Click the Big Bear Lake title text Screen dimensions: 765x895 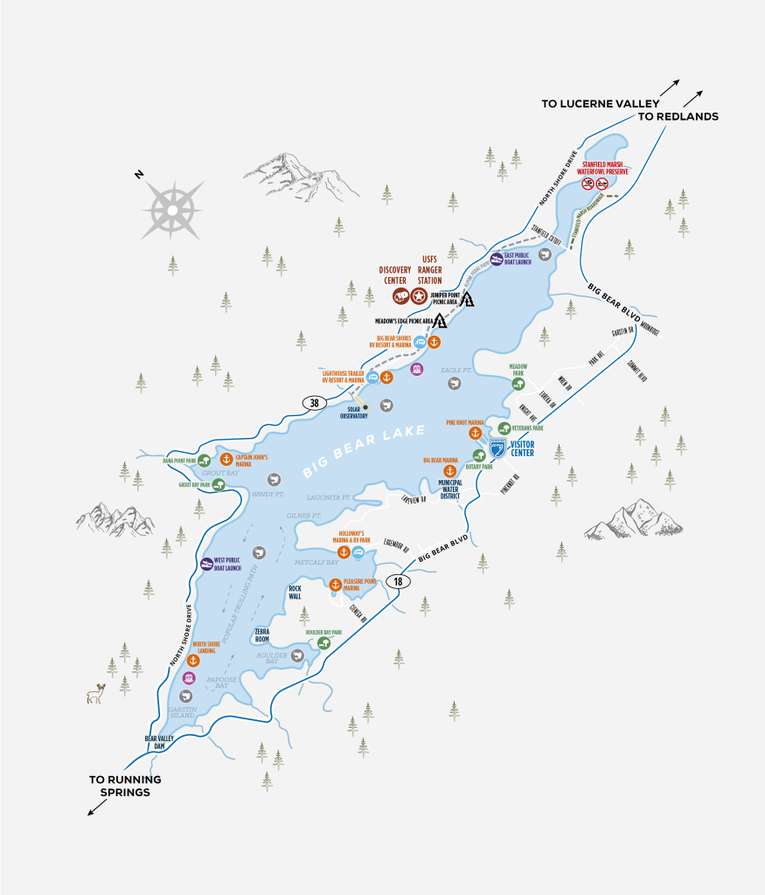[364, 451]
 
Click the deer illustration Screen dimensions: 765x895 [96, 694]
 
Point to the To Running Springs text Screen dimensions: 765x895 [125, 786]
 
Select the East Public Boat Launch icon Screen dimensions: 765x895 [496, 260]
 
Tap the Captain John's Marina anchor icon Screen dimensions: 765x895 [224, 460]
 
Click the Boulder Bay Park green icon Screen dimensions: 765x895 [324, 643]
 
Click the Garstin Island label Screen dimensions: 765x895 [182, 711]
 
